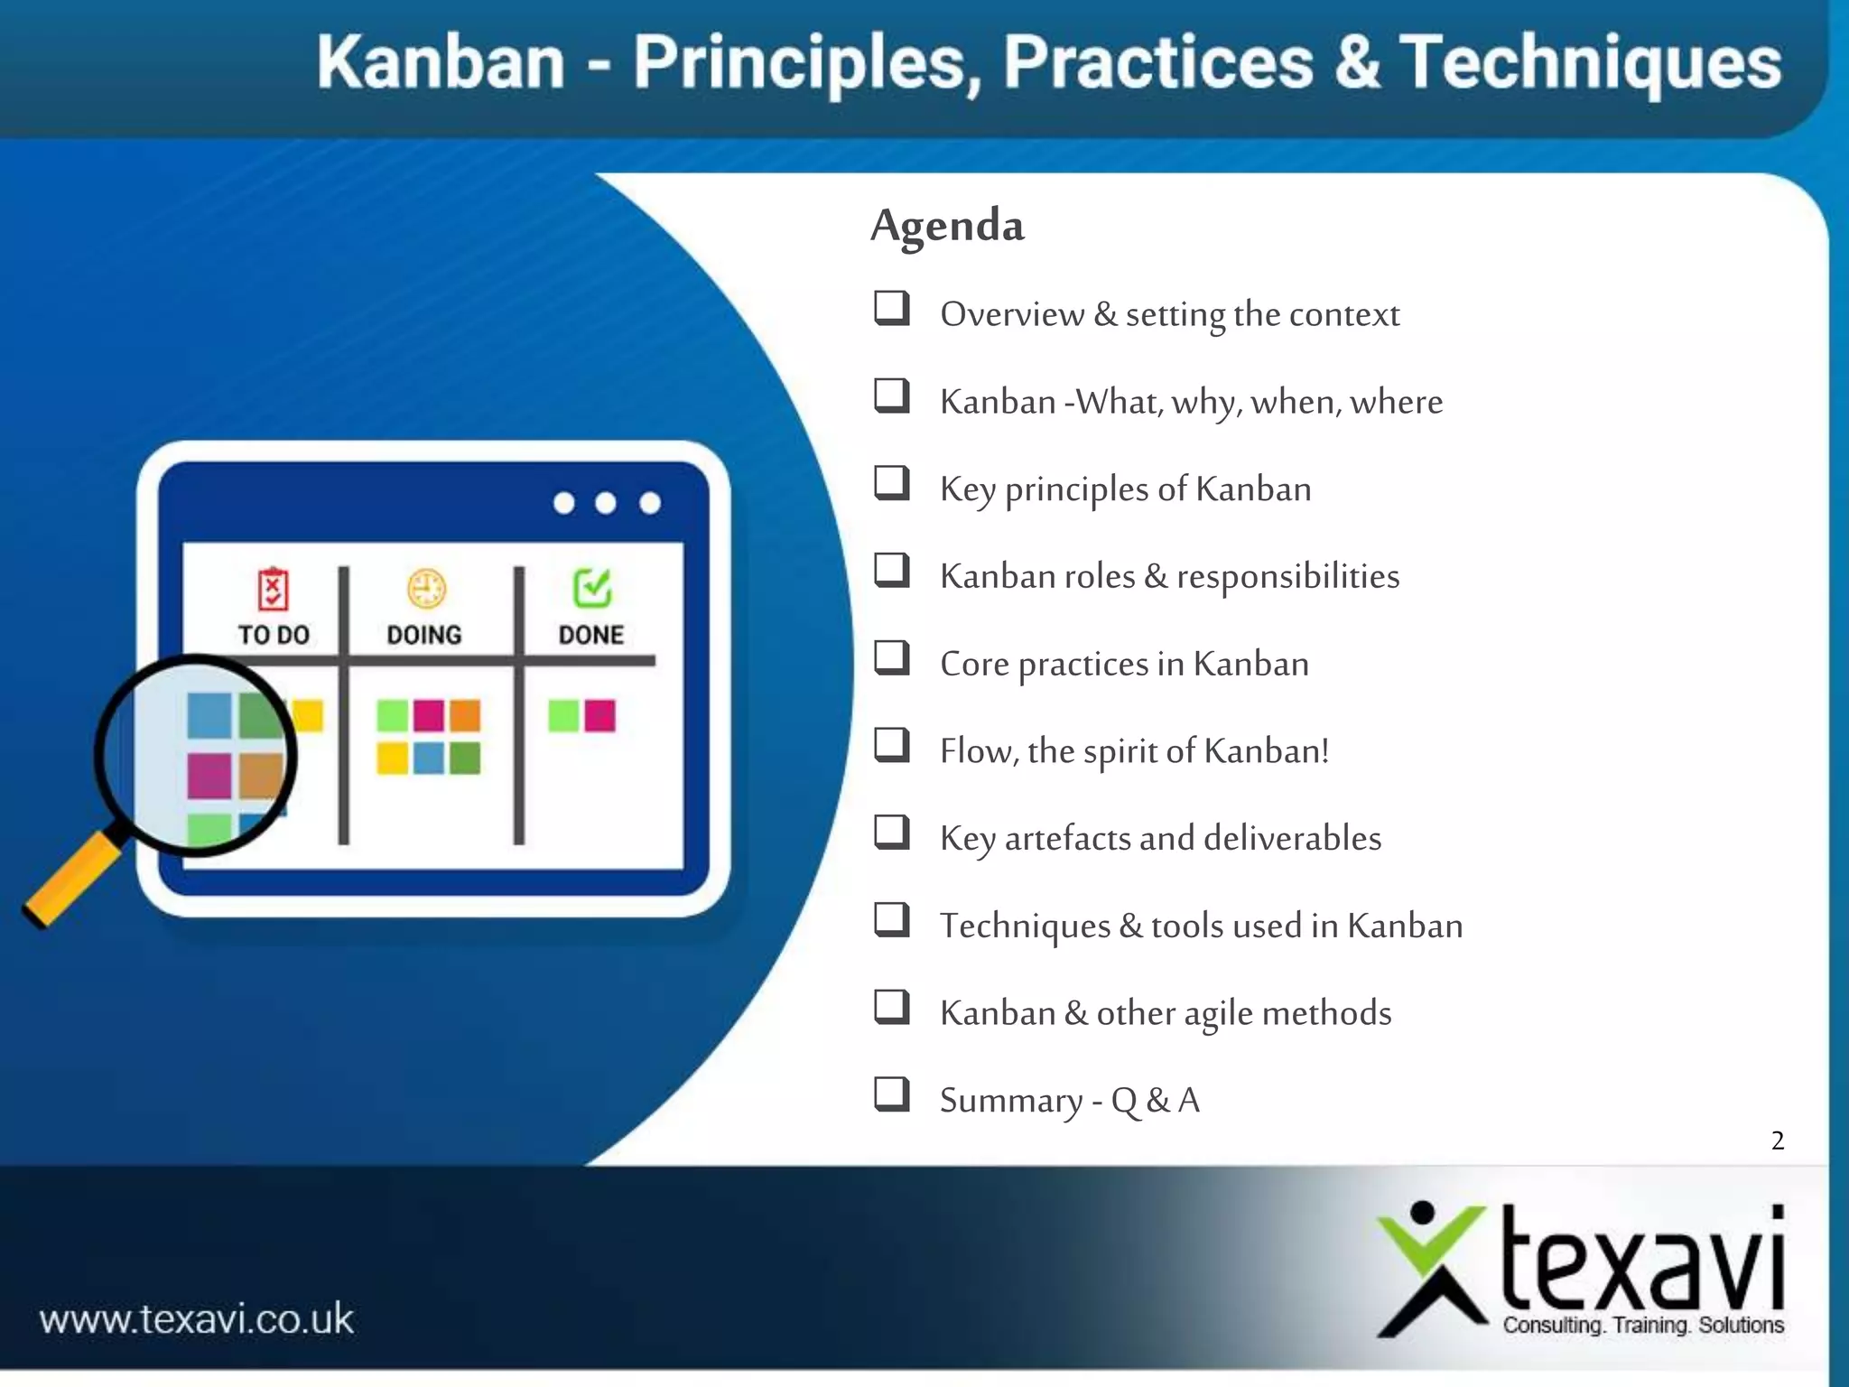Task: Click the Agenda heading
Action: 947,225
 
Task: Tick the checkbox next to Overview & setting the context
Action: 891,308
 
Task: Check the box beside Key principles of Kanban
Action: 891,483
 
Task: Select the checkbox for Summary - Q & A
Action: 891,1094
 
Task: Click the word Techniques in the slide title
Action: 1590,62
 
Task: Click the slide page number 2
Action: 1777,1140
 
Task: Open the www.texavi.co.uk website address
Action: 197,1319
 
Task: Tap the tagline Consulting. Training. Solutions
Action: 1642,1325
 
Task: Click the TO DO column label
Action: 274,635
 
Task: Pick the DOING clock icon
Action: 425,590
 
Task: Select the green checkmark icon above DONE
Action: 592,588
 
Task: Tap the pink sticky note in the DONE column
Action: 599,716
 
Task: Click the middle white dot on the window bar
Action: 606,503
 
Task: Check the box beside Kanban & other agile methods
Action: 891,1006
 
